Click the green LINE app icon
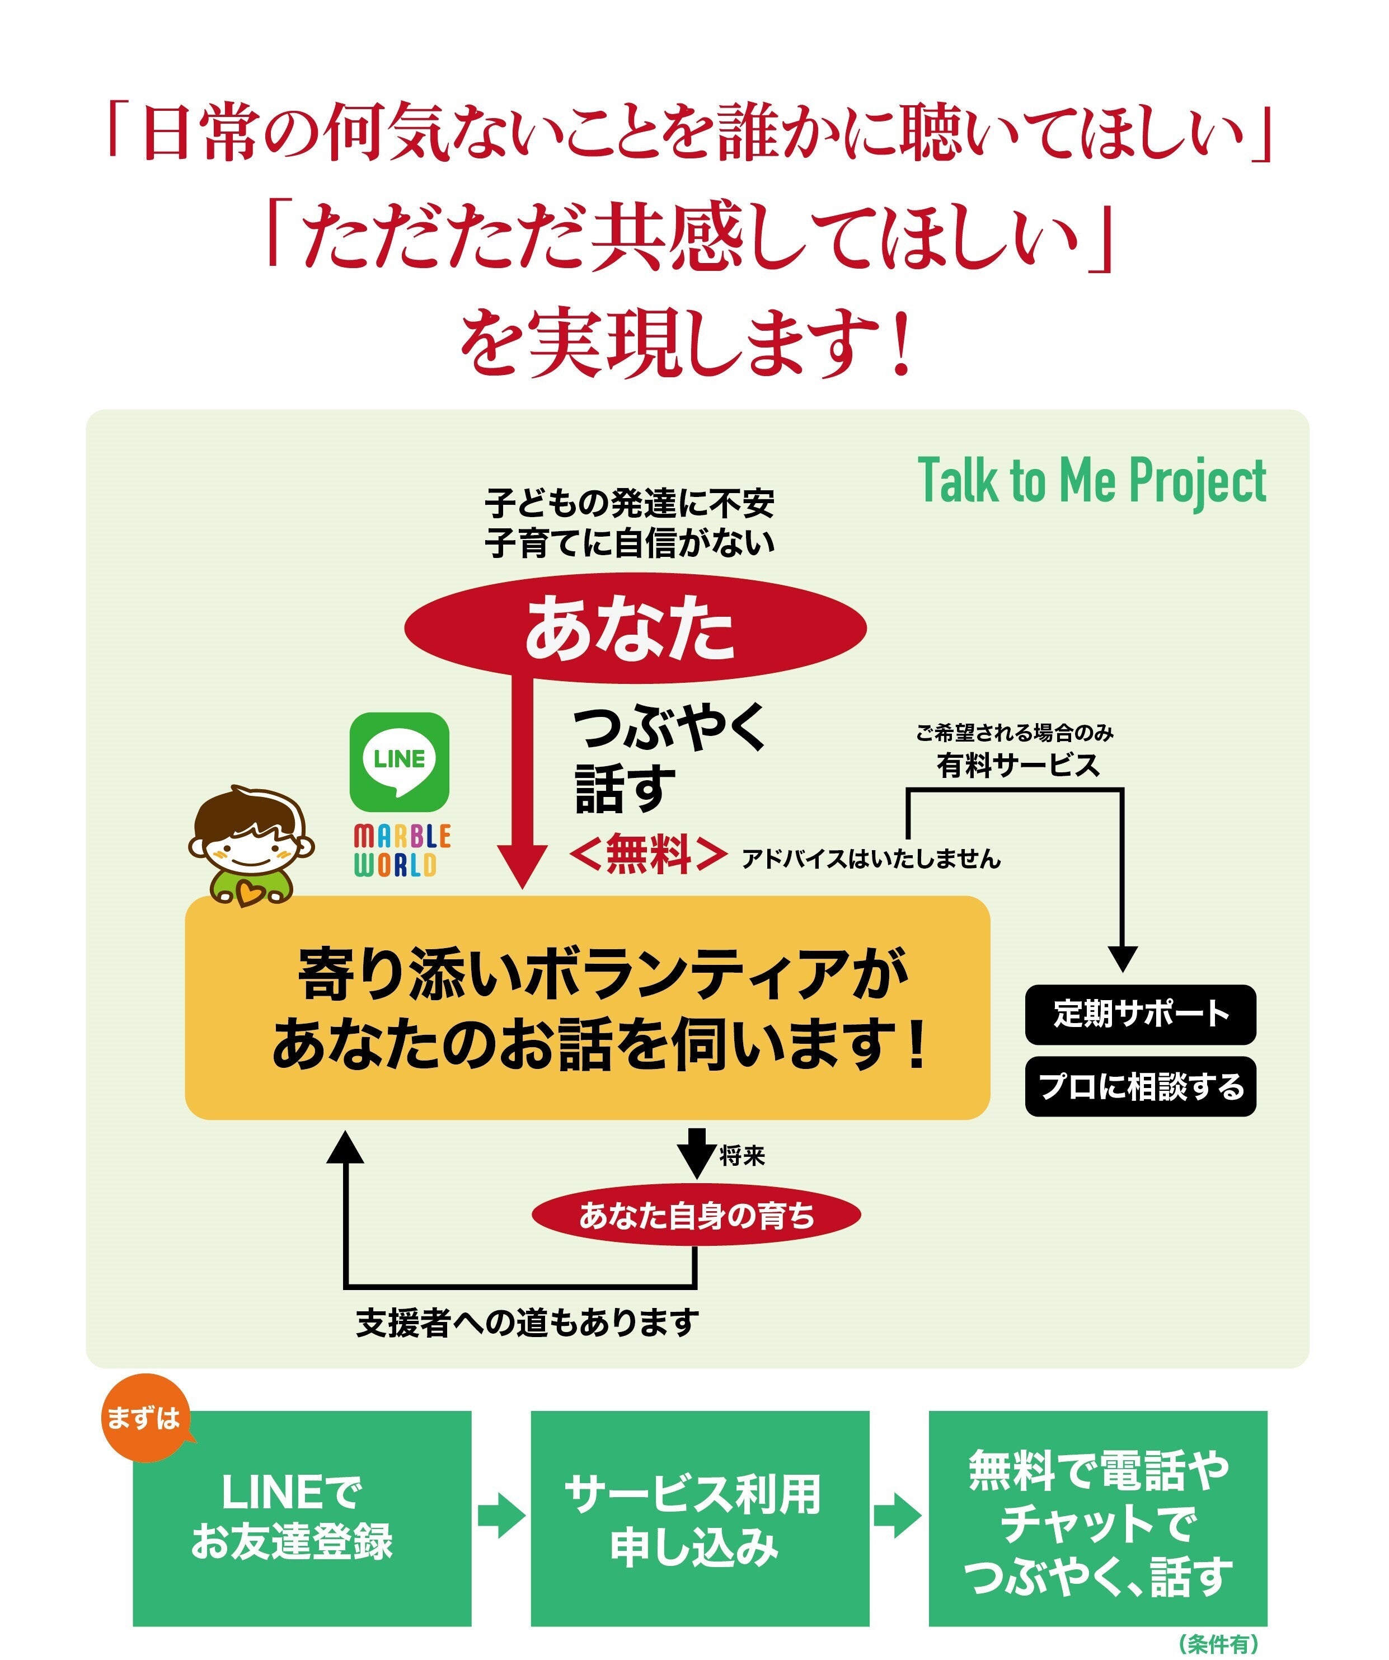click(x=399, y=761)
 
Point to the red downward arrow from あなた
click(x=522, y=782)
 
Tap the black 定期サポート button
click(x=1140, y=1014)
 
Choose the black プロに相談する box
click(x=1140, y=1086)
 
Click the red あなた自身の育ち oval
click(x=696, y=1216)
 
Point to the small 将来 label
click(x=742, y=1156)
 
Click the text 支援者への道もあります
click(x=527, y=1323)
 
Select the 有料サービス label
click(x=1017, y=765)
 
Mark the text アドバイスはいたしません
click(x=871, y=859)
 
